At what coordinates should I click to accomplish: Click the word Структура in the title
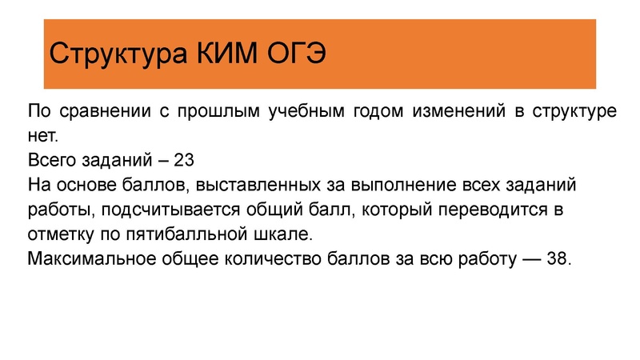click(x=118, y=55)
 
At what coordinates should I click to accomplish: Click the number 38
click(x=558, y=259)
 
